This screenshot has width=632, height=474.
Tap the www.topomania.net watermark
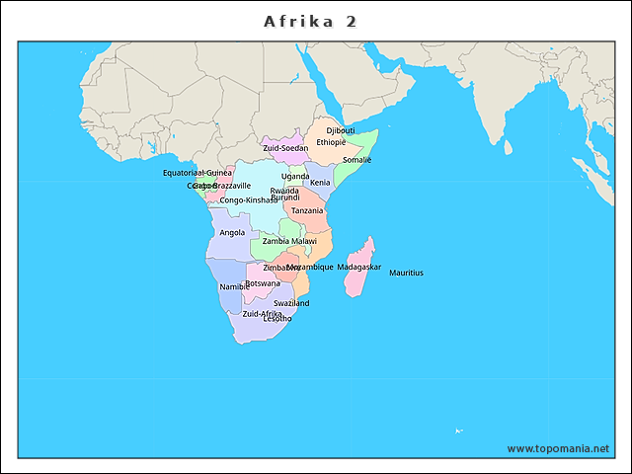558,448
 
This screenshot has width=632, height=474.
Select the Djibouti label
341,130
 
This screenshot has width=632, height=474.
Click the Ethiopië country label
331,142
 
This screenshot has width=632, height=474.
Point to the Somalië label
356,160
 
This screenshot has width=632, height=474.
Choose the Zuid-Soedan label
285,148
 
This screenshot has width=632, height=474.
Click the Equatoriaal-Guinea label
197,173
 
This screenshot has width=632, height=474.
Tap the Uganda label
295,177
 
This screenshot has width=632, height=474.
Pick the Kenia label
320,183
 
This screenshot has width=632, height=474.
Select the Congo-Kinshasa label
248,200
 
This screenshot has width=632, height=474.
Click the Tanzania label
307,210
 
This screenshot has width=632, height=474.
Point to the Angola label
232,233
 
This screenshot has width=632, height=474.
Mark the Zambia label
276,241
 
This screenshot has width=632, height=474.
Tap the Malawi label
304,241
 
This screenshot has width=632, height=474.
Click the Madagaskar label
358,268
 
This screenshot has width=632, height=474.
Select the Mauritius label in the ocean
406,274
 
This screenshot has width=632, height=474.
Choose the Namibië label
234,286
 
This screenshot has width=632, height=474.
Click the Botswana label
263,283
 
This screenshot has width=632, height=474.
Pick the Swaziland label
291,303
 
